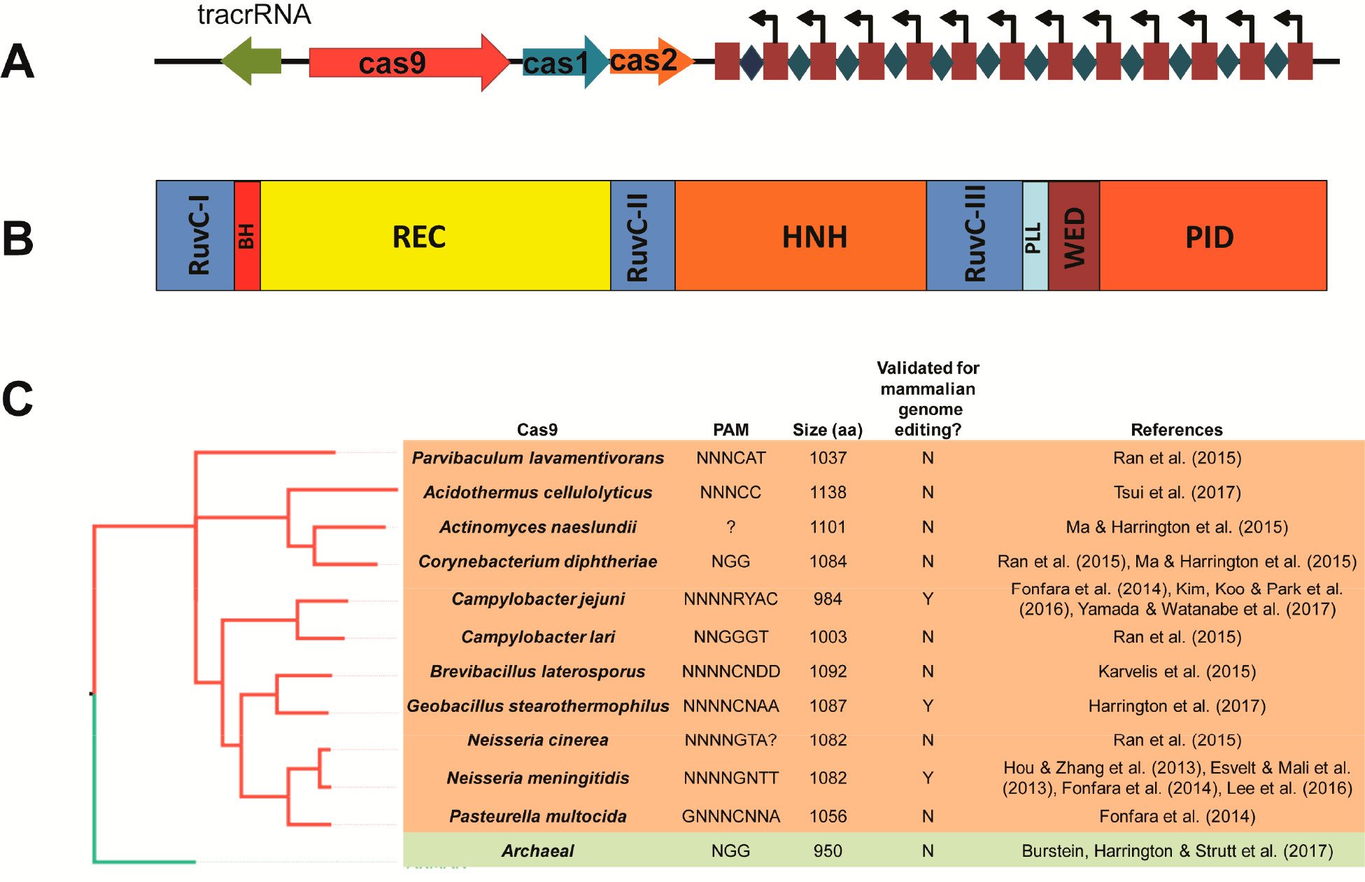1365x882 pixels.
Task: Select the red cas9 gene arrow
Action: point(406,63)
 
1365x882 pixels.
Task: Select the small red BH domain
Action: point(247,236)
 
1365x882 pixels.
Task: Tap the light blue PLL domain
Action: point(1035,236)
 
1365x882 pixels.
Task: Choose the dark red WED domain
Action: point(1073,236)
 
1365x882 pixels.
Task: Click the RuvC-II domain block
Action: point(642,236)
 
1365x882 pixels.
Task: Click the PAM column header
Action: point(730,430)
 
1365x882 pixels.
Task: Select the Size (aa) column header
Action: point(827,430)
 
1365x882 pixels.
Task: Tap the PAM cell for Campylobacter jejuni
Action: point(730,599)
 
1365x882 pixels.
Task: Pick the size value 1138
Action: point(828,492)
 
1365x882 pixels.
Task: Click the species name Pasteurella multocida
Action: point(537,816)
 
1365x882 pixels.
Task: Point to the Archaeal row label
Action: point(537,851)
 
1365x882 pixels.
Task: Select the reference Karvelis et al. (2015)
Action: point(1177,671)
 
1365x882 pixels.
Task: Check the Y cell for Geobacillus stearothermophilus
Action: point(928,706)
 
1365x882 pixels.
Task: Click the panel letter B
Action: point(18,239)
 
